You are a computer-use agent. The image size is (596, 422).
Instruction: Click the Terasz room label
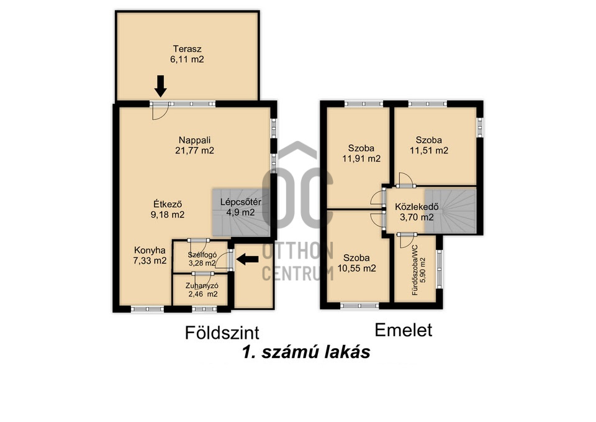pos(187,54)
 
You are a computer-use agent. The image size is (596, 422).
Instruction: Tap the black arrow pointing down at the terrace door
pos(161,86)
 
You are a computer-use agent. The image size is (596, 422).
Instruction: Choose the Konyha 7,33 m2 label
pos(150,255)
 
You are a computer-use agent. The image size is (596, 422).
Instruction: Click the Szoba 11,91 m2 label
pos(361,154)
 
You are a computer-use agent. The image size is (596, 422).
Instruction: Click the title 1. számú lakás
pos(306,352)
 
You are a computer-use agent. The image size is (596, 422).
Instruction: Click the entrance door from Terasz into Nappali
pos(160,111)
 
